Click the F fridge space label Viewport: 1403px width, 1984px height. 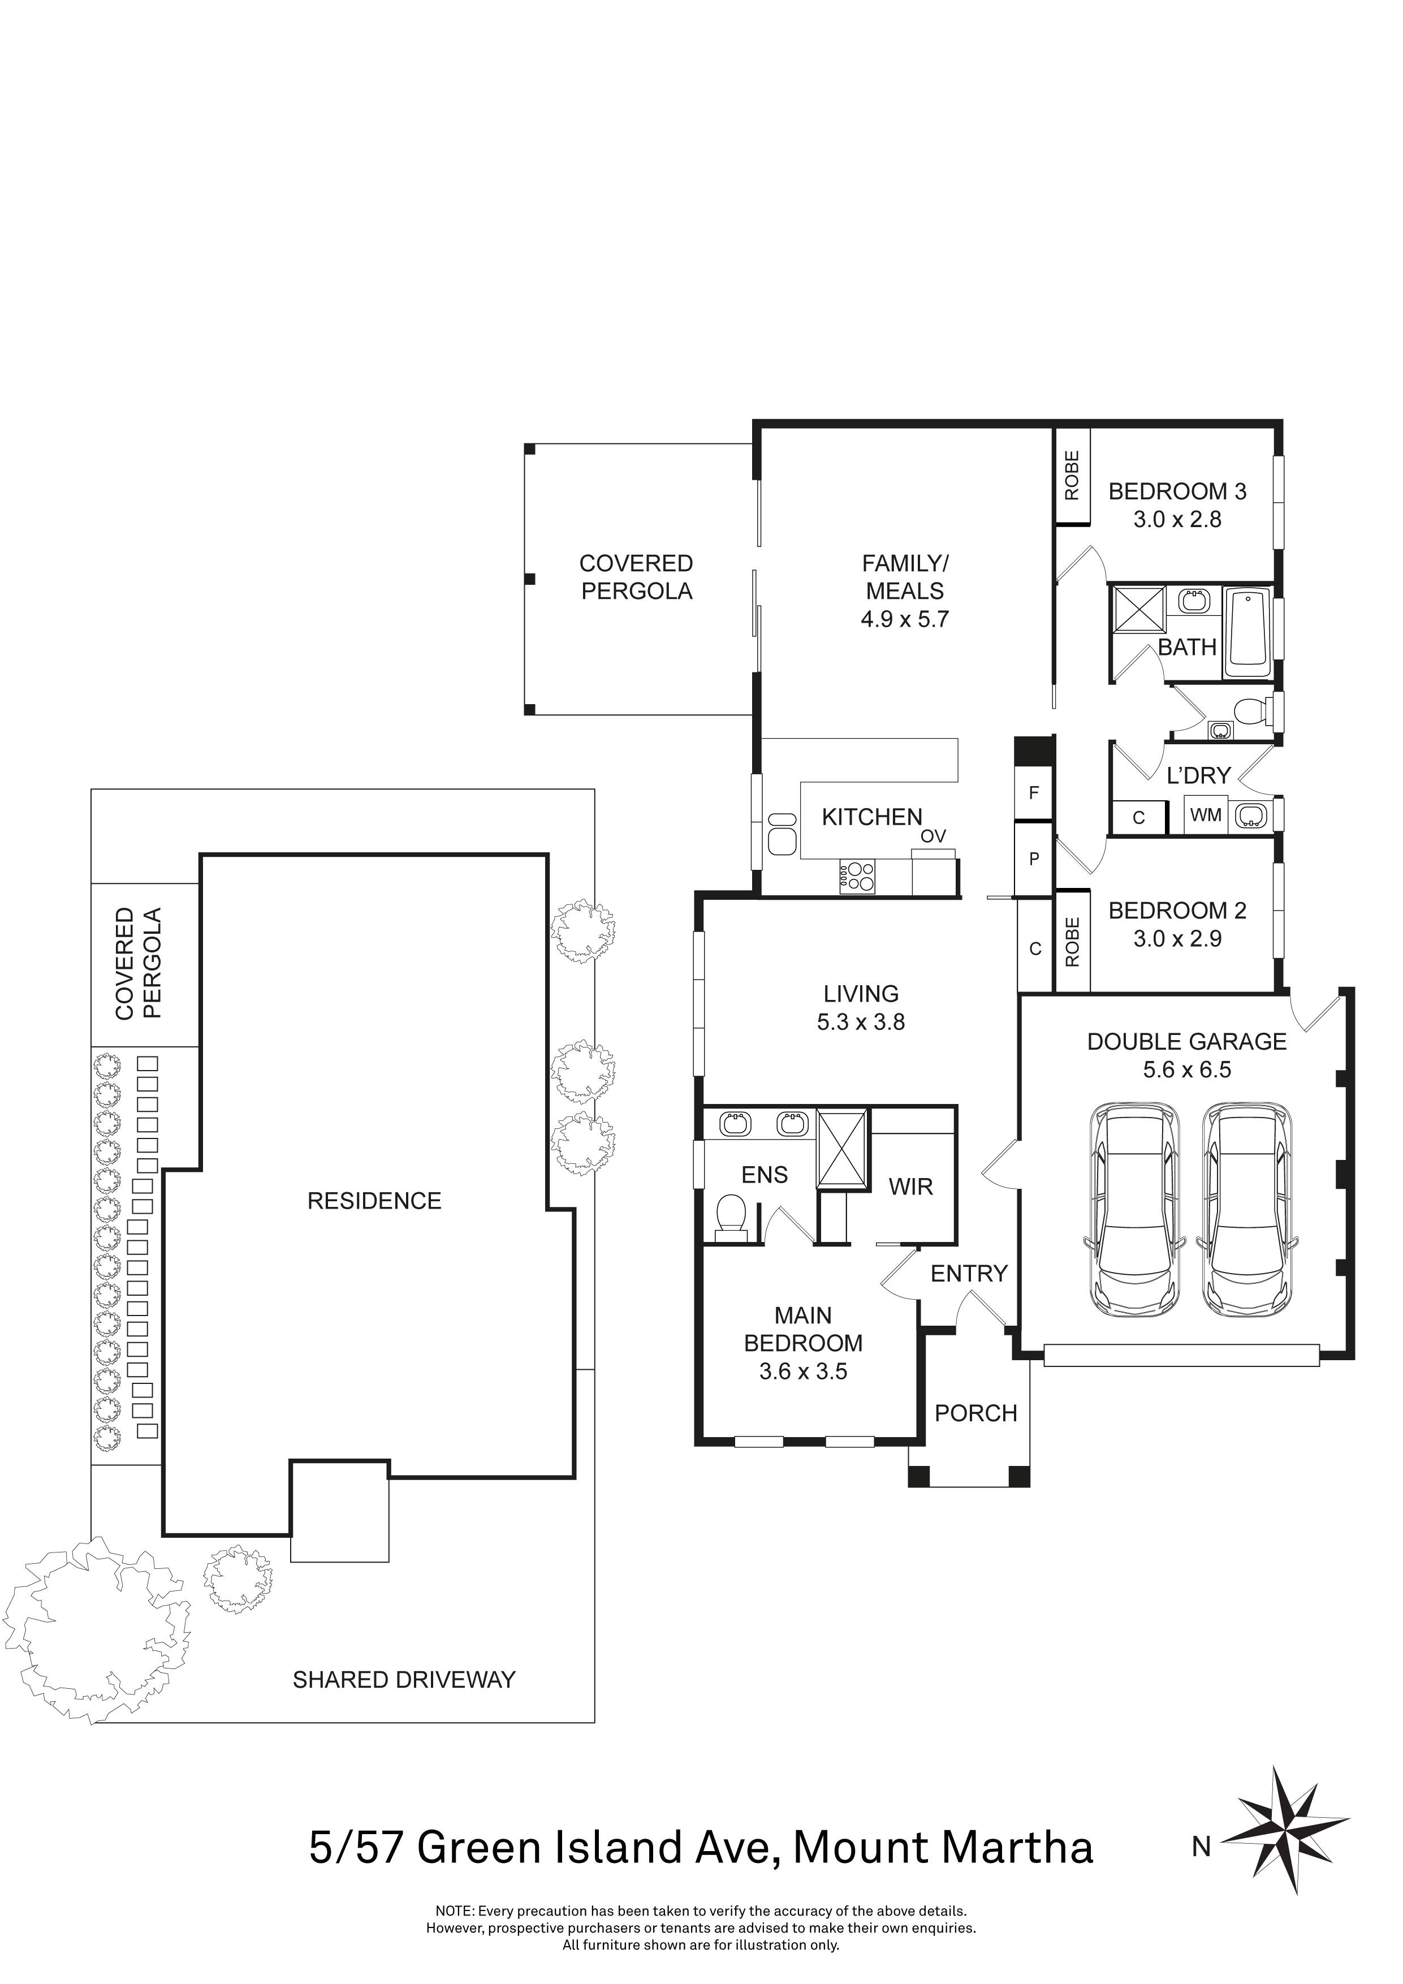click(1033, 792)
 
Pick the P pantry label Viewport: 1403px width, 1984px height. click(1033, 859)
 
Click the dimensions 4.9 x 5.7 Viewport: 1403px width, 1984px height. click(905, 619)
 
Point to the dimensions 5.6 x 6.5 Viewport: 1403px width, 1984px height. click(1186, 1070)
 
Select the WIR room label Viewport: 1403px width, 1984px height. click(910, 1187)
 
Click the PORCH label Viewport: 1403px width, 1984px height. click(975, 1413)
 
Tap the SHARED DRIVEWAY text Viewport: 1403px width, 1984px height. click(403, 1680)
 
